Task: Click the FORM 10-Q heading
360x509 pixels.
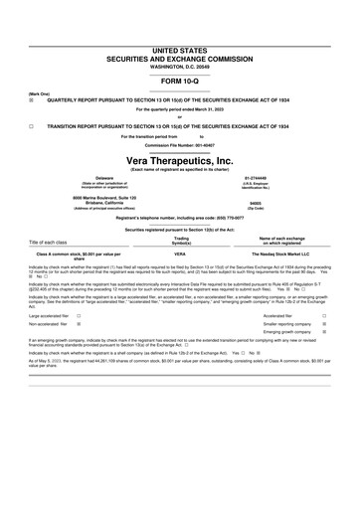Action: (180, 53)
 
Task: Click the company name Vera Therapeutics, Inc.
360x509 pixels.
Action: (180, 159)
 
